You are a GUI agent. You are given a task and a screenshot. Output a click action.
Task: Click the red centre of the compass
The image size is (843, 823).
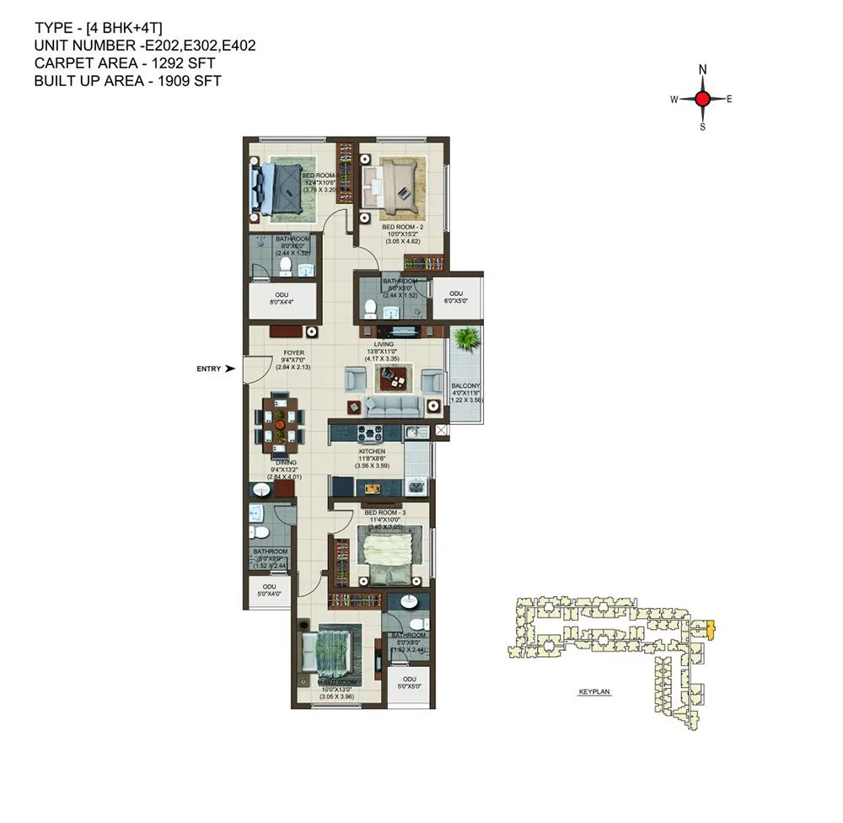702,99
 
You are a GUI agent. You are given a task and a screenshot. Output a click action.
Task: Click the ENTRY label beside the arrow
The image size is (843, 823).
208,368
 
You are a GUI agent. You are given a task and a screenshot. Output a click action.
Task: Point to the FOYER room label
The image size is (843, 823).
293,352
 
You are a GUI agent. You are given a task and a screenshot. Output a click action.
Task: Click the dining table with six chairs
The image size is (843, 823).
280,419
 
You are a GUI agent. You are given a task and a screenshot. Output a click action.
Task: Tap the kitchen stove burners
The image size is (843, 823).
370,434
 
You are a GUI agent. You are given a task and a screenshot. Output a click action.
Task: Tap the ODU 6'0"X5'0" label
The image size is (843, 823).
457,296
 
